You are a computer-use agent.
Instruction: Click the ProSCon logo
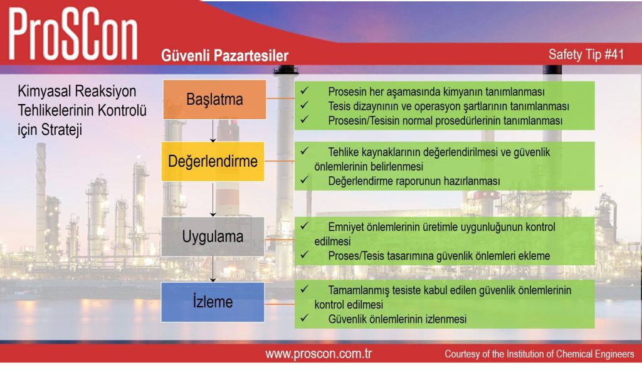click(x=73, y=34)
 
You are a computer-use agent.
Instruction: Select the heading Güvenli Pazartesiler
click(x=225, y=56)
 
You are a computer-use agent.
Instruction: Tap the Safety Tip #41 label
click(x=586, y=55)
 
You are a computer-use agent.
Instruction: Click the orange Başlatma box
click(x=214, y=100)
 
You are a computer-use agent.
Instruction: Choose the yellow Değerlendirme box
click(x=213, y=161)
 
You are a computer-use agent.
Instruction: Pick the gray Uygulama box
click(x=213, y=237)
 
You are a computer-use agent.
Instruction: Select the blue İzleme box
click(x=213, y=302)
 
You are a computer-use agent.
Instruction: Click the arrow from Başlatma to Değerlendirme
click(x=213, y=130)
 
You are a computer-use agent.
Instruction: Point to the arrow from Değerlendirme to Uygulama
click(x=213, y=199)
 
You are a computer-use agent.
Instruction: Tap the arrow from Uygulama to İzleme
click(x=213, y=269)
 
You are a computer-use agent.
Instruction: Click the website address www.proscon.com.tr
click(x=318, y=354)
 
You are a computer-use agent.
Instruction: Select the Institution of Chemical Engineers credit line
click(x=539, y=354)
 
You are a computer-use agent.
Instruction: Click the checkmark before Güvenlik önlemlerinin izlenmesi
click(x=304, y=318)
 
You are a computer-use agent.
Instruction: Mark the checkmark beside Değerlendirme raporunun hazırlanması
click(x=304, y=180)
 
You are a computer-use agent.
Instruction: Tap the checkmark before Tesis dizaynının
click(x=304, y=105)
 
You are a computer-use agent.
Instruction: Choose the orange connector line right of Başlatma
click(x=280, y=98)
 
